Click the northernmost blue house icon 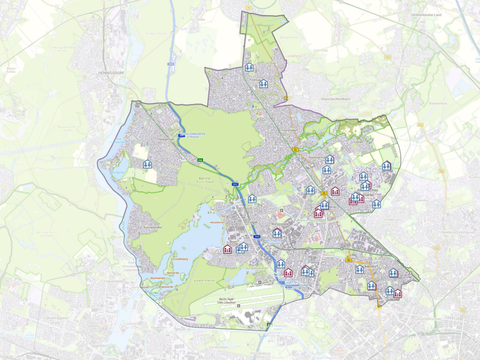tap(249, 68)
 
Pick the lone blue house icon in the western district tap(147, 164)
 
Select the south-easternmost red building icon tap(397, 293)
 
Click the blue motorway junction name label tap(195, 135)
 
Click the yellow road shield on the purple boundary tap(286, 97)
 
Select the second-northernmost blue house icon tap(263, 84)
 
